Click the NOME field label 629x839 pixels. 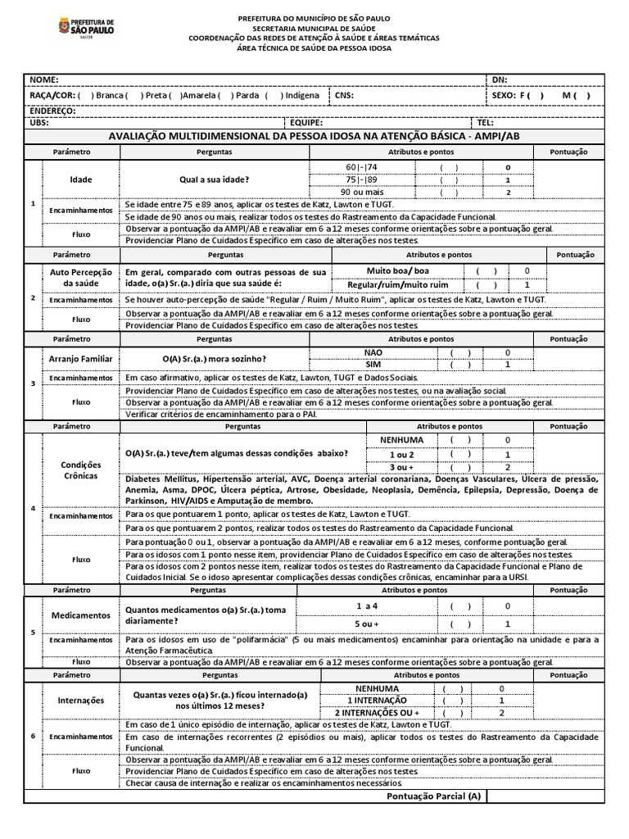44,79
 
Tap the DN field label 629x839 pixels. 500,79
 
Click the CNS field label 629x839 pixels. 344,95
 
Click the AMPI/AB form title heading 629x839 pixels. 314,136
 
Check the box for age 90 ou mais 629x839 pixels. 449,193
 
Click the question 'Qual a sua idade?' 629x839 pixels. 215,179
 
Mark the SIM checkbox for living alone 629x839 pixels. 459,365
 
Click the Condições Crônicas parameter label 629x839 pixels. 79,469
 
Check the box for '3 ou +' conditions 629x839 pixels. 459,467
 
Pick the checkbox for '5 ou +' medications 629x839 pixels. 459,624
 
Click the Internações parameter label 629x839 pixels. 81,701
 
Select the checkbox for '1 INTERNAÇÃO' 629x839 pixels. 453,701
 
